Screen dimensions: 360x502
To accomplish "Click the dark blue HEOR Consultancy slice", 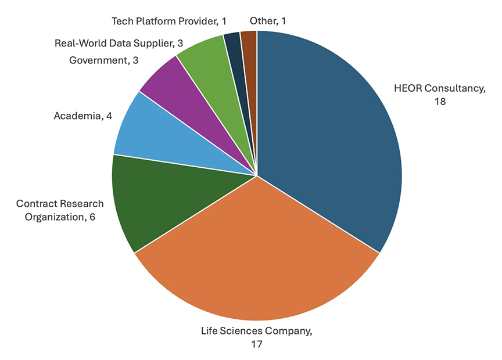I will pyautogui.click(x=331, y=139).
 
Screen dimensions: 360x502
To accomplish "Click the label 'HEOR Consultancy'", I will pyautogui.click(x=439, y=88).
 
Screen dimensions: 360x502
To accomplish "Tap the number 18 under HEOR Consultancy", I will pyautogui.click(x=438, y=101).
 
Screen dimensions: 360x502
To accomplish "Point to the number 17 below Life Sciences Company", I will pyautogui.click(x=257, y=344).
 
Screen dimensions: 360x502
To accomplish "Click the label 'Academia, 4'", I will pyautogui.click(x=83, y=116).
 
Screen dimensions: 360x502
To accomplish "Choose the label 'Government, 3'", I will pyautogui.click(x=99, y=60).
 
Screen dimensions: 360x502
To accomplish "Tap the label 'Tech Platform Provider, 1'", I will pyautogui.click(x=168, y=21).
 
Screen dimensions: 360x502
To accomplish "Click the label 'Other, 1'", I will pyautogui.click(x=268, y=21).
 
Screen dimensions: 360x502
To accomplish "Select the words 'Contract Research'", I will pyautogui.click(x=60, y=204).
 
